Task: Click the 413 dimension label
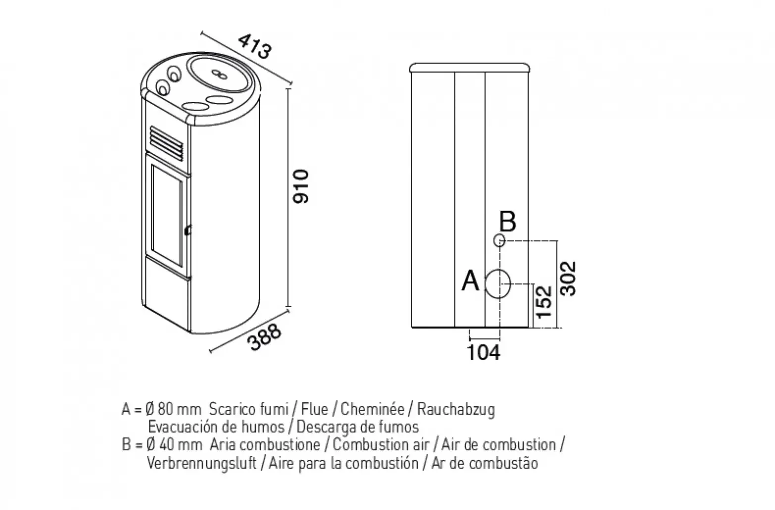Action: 255,46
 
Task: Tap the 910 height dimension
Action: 300,187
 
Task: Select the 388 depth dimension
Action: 265,337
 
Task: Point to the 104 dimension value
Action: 483,353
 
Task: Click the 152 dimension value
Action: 544,302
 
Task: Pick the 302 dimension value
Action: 568,279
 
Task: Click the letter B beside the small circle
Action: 508,221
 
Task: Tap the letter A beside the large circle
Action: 470,281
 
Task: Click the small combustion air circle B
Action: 499,240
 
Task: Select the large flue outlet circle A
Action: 498,284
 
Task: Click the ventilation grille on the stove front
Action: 166,143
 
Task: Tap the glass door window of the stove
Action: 166,215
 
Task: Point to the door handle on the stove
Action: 188,230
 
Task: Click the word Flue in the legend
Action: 314,409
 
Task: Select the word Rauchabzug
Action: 456,410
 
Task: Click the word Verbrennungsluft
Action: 202,463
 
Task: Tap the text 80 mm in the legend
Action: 180,409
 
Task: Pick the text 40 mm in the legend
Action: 180,445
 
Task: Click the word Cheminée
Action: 372,409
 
